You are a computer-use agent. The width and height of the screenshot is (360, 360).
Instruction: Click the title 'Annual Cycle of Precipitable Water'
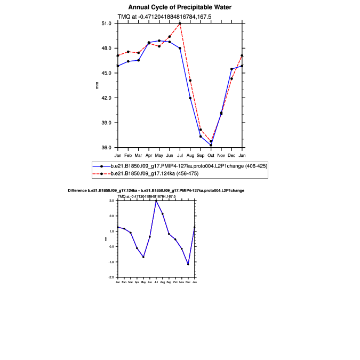[180, 7]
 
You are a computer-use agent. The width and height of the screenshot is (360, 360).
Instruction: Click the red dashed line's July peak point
[180, 23]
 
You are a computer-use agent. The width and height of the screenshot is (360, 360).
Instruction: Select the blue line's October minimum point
[211, 145]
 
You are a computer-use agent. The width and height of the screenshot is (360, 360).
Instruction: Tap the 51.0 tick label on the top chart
[106, 23]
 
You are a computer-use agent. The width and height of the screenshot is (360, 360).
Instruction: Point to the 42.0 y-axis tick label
[106, 98]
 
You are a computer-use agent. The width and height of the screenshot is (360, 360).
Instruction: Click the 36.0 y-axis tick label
[106, 148]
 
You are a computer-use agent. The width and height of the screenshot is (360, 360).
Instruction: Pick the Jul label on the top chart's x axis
[180, 155]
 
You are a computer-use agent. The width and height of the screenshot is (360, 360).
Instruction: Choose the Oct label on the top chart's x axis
[211, 155]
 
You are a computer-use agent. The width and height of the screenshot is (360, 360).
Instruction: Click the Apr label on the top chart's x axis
[149, 155]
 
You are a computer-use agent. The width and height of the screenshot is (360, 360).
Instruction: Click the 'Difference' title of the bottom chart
[156, 190]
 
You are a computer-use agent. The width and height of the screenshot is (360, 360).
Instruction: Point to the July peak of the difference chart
[156, 201]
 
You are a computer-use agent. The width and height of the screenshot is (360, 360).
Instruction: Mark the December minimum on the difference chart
[188, 264]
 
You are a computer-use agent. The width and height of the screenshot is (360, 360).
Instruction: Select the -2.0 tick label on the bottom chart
[112, 278]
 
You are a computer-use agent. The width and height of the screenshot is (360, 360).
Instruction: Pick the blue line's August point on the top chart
[190, 98]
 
